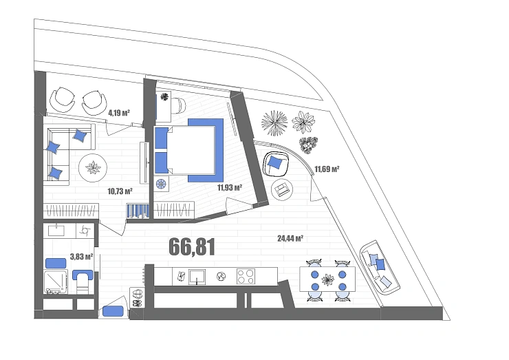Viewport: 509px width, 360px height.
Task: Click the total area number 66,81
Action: pos(192,246)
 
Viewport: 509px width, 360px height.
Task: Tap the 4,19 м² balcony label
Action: pos(119,113)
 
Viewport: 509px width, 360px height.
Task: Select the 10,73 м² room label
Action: pos(120,191)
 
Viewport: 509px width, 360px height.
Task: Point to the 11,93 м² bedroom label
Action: pos(230,187)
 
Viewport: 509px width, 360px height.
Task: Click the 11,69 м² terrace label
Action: pos(327,169)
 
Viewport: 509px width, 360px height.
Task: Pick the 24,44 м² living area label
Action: pos(290,238)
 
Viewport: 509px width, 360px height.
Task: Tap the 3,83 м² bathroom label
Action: pos(81,257)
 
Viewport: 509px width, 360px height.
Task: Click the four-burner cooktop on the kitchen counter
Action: pos(246,277)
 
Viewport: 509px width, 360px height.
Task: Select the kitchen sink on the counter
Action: pos(197,277)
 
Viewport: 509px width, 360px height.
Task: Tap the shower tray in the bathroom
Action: pos(56,282)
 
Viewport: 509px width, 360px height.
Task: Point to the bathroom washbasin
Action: pos(56,230)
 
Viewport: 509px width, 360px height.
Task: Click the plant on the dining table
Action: pos(327,279)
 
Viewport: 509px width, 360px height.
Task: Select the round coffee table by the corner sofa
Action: pos(93,168)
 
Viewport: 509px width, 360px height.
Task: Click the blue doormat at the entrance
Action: pos(113,311)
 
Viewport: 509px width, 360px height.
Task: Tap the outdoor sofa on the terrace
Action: pos(380,268)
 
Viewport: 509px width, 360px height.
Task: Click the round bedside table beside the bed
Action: pos(161,184)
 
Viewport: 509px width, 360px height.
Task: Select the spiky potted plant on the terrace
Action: pos(274,123)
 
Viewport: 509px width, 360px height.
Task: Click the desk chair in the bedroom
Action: pos(180,105)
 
